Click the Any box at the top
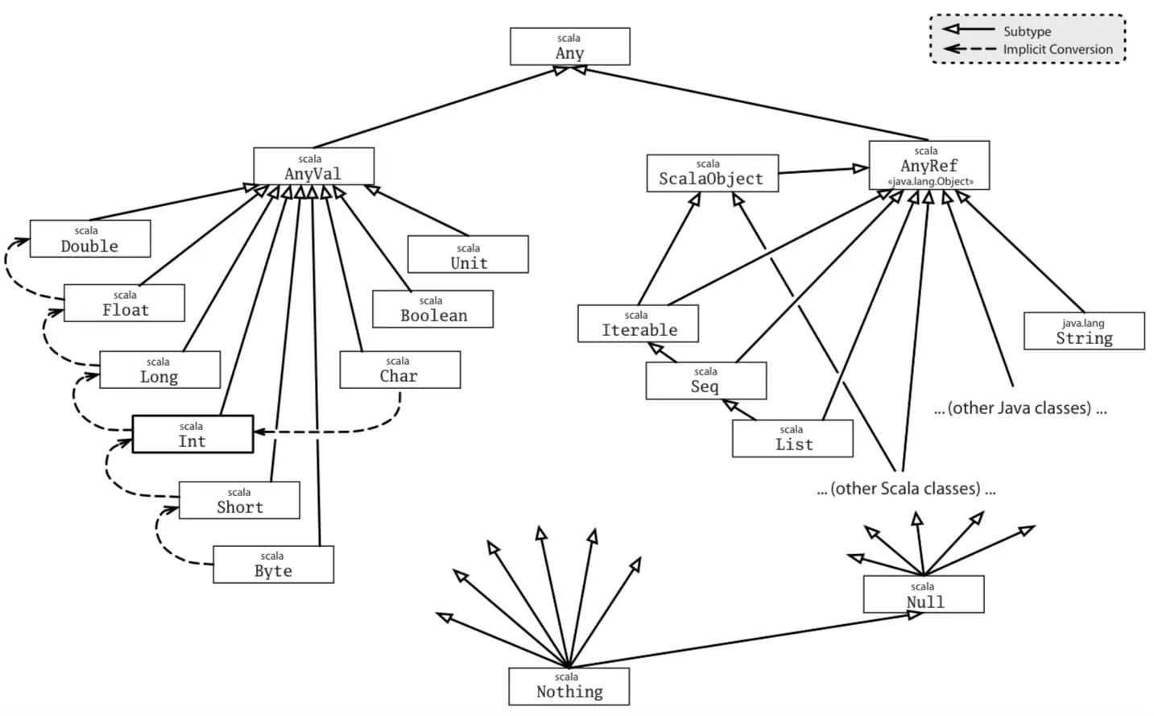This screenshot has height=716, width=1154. (570, 47)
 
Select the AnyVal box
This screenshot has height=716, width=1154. (314, 167)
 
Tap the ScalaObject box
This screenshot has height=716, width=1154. (713, 173)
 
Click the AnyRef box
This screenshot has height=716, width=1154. (929, 165)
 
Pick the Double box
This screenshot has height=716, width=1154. (90, 238)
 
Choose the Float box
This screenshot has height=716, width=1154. (124, 303)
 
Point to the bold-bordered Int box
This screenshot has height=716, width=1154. (192, 434)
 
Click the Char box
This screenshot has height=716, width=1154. (400, 370)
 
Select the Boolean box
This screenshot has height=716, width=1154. (432, 309)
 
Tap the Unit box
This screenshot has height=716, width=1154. (468, 254)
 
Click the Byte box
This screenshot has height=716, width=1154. (274, 565)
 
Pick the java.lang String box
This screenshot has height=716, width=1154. (1084, 331)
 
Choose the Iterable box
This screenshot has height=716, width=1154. (639, 324)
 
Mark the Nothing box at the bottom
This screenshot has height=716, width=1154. (569, 687)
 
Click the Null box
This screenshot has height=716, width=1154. (924, 594)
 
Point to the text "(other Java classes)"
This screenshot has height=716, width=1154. (1020, 408)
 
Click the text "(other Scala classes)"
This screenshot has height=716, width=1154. (906, 488)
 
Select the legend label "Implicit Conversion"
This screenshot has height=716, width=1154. (1057, 49)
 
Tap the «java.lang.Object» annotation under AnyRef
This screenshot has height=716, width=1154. (930, 181)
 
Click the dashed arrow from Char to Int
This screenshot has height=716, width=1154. (329, 432)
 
